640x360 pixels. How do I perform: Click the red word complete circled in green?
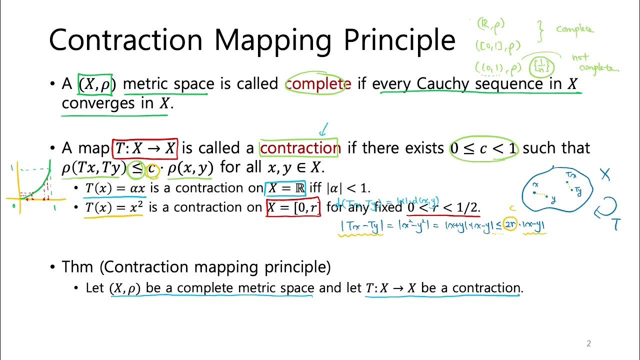pos(318,83)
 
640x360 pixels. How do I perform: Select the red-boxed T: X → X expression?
pos(145,148)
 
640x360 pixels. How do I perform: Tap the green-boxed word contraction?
pos(299,148)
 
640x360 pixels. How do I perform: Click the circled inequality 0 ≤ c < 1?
pos(483,148)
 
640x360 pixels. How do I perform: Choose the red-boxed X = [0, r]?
pos(293,207)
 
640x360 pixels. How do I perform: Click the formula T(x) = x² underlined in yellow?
pos(114,207)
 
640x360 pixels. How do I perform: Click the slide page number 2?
pos(588,343)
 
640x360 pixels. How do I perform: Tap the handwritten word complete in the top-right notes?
pos(574,29)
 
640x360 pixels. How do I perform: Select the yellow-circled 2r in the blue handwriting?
pos(510,225)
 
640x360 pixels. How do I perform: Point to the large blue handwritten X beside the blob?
pos(605,174)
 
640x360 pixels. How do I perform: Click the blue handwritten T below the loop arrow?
pos(616,224)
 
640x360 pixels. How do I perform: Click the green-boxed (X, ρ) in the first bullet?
pos(95,84)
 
